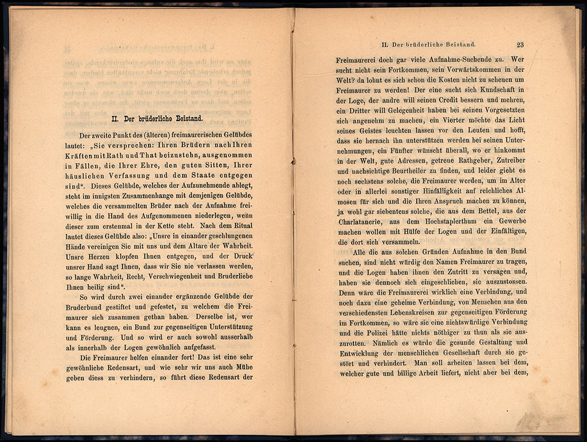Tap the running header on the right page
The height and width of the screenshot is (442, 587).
coord(428,45)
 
